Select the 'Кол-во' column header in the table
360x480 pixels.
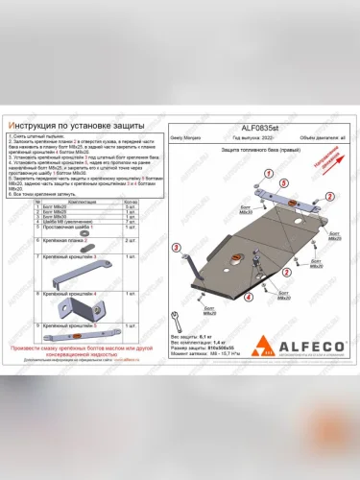coord(137,200)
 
